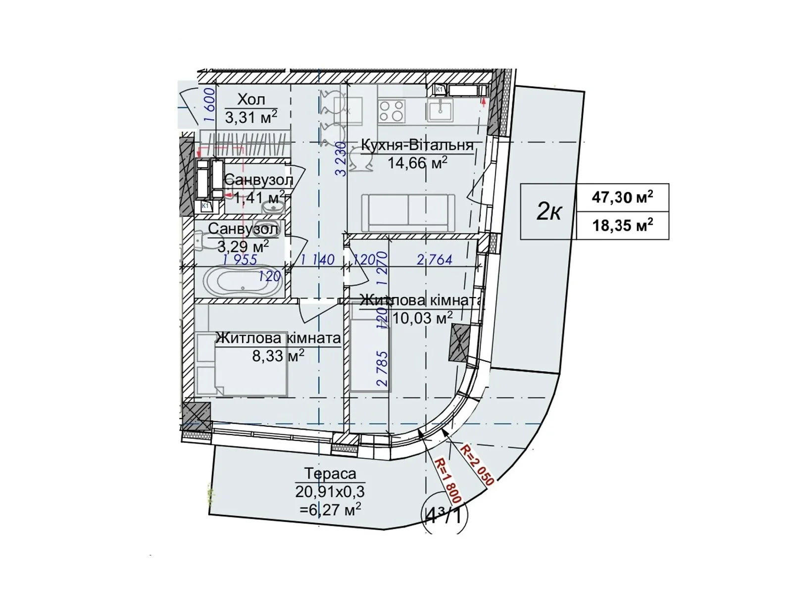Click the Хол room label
pos(251,99)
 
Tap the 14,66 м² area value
pos(417,162)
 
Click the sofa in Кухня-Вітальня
pos(408,212)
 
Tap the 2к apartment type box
pos(548,212)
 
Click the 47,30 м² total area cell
pos(622,197)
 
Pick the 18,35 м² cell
pos(622,226)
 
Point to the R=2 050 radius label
pos(477,464)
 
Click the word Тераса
pos(330,474)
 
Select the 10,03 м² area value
pos(422,318)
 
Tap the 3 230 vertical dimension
pos(340,159)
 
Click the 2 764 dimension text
pos(434,259)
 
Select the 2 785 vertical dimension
pos(382,368)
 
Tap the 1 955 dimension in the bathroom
pos(240,259)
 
